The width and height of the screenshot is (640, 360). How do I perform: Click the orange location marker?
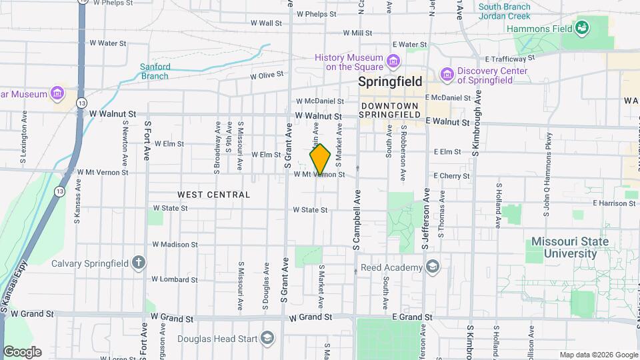pyautogui.click(x=320, y=159)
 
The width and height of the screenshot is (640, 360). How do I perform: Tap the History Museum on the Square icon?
pyautogui.click(x=393, y=62)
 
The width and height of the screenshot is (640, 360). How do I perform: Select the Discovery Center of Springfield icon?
pyautogui.click(x=446, y=72)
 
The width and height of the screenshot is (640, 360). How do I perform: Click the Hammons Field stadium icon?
pyautogui.click(x=582, y=28)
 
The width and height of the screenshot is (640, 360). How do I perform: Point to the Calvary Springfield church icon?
pyautogui.click(x=139, y=261)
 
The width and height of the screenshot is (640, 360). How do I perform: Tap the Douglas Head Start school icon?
pyautogui.click(x=267, y=338)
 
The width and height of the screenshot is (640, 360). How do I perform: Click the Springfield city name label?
pyautogui.click(x=390, y=82)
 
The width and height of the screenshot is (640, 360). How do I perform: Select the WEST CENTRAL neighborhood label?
pyautogui.click(x=214, y=195)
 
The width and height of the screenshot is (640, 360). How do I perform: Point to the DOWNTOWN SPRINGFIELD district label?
pyautogui.click(x=389, y=111)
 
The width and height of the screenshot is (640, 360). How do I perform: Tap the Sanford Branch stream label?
pyautogui.click(x=155, y=71)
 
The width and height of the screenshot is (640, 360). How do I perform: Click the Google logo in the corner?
pyautogui.click(x=22, y=352)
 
